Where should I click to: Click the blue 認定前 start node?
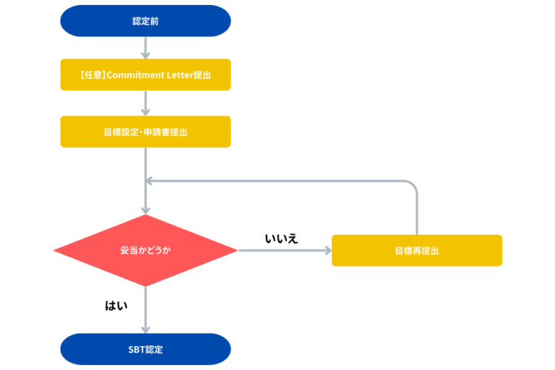click(x=145, y=21)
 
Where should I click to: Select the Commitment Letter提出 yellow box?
click(x=145, y=75)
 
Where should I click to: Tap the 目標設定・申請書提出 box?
click(x=145, y=132)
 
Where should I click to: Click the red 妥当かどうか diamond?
click(x=145, y=251)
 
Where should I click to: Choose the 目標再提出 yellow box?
click(x=417, y=251)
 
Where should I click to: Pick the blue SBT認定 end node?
click(x=145, y=349)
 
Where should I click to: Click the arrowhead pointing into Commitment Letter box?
click(x=145, y=55)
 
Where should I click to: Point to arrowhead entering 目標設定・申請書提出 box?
click(x=145, y=111)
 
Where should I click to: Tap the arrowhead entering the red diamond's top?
click(x=145, y=209)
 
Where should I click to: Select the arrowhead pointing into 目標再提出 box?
click(x=327, y=251)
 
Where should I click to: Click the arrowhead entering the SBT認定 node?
click(x=145, y=329)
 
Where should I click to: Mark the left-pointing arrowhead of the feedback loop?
click(x=150, y=181)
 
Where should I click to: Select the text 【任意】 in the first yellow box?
click(x=92, y=75)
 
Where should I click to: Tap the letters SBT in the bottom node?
click(x=136, y=349)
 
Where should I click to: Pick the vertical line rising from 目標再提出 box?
click(x=417, y=213)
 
